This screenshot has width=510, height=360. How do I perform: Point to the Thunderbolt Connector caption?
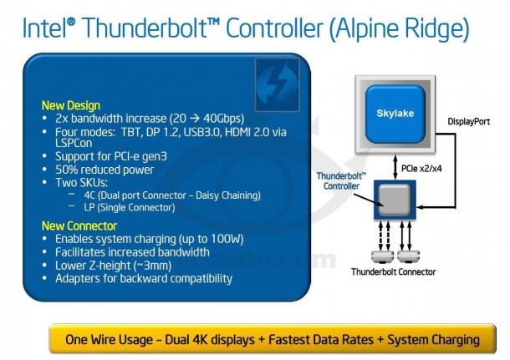click(394, 272)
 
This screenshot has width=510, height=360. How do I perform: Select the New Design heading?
click(71, 106)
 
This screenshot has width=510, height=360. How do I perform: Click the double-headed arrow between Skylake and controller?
click(394, 166)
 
